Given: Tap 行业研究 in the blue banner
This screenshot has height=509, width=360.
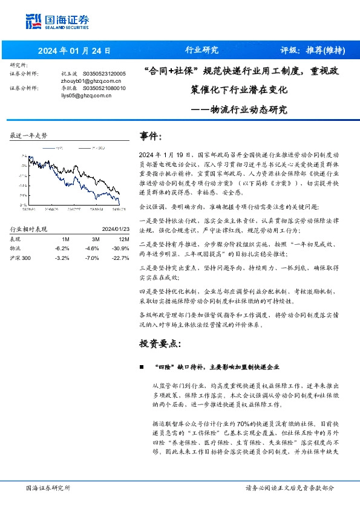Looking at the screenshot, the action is coord(201,50).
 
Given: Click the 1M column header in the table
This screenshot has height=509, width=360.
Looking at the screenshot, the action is coord(65,239).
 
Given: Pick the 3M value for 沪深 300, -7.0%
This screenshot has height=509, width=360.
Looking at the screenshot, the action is coord(91,257).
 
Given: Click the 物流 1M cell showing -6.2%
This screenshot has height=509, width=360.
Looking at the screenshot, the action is coord(62,248).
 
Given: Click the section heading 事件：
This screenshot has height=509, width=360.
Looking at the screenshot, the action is coord(151,136).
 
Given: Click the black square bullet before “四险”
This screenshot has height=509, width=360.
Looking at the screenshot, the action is coord(141,367).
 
